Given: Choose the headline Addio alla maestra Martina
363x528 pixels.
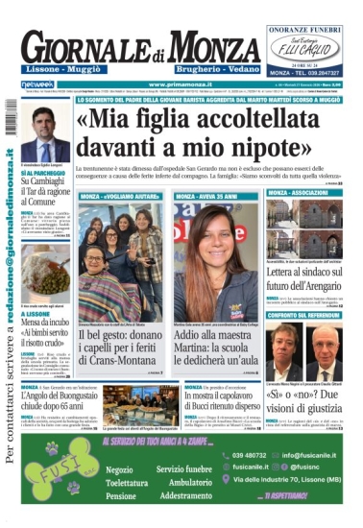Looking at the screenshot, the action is coord(215,344).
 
